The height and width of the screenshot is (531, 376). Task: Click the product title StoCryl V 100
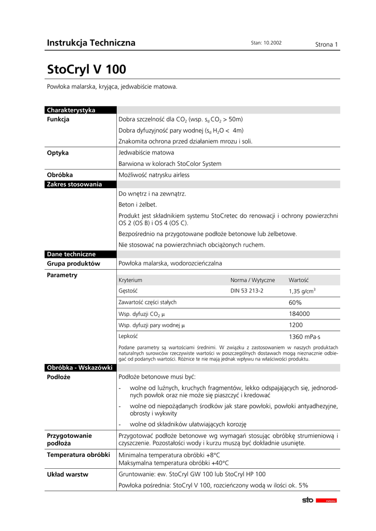pyautogui.click(x=86, y=69)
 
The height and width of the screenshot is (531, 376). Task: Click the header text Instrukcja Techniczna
pyautogui.click(x=91, y=43)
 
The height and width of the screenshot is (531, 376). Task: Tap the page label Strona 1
pyautogui.click(x=327, y=45)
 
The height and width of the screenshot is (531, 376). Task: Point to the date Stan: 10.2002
pyautogui.click(x=266, y=43)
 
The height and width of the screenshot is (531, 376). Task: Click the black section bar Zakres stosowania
pyautogui.click(x=74, y=184)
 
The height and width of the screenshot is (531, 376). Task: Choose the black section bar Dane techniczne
pyautogui.click(x=71, y=254)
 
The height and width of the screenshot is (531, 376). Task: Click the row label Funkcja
pyautogui.click(x=58, y=119)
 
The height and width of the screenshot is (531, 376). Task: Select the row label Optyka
pyautogui.click(x=58, y=153)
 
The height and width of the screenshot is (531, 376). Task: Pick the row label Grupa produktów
pyautogui.click(x=73, y=263)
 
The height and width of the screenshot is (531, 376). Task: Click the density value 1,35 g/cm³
pyautogui.click(x=302, y=291)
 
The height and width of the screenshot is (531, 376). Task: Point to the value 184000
pyautogui.click(x=299, y=314)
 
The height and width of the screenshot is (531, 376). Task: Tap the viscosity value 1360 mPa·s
pyautogui.click(x=303, y=337)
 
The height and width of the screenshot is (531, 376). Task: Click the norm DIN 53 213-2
pyautogui.click(x=247, y=291)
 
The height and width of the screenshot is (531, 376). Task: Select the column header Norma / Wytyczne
pyautogui.click(x=253, y=280)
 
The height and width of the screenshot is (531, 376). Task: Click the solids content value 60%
pyautogui.click(x=295, y=302)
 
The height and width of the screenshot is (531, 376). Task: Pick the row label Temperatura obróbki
pyautogui.click(x=78, y=455)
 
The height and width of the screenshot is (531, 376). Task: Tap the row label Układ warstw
pyautogui.click(x=68, y=474)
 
